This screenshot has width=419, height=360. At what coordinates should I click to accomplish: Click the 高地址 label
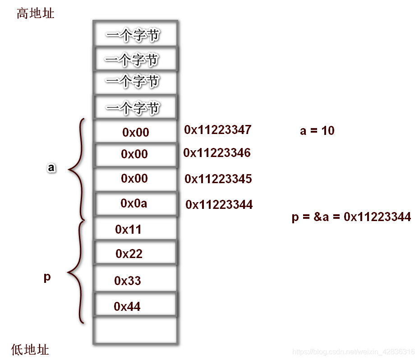35,14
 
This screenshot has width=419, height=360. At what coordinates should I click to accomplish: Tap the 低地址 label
30,350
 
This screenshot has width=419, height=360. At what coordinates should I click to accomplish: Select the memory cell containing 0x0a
134,203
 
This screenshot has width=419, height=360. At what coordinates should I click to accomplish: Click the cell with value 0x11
134,229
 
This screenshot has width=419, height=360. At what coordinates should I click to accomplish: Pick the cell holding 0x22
134,254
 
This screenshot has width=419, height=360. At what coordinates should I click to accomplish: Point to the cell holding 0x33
134,281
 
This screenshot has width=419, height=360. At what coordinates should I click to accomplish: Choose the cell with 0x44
134,307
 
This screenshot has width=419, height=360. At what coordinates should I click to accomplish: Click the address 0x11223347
217,130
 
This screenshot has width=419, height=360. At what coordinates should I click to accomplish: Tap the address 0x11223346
217,153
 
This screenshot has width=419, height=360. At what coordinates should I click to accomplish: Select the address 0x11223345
218,179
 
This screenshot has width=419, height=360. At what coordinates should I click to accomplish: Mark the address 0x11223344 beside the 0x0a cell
219,205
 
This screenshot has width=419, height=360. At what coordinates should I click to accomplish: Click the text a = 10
317,131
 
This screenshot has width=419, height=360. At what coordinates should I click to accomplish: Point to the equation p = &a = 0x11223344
351,217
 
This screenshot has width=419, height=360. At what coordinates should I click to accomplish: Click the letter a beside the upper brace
51,168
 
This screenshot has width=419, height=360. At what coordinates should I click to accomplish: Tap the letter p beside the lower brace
47,277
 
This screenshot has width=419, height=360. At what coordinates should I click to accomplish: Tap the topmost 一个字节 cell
134,35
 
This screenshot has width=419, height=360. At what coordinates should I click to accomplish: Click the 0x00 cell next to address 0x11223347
134,132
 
